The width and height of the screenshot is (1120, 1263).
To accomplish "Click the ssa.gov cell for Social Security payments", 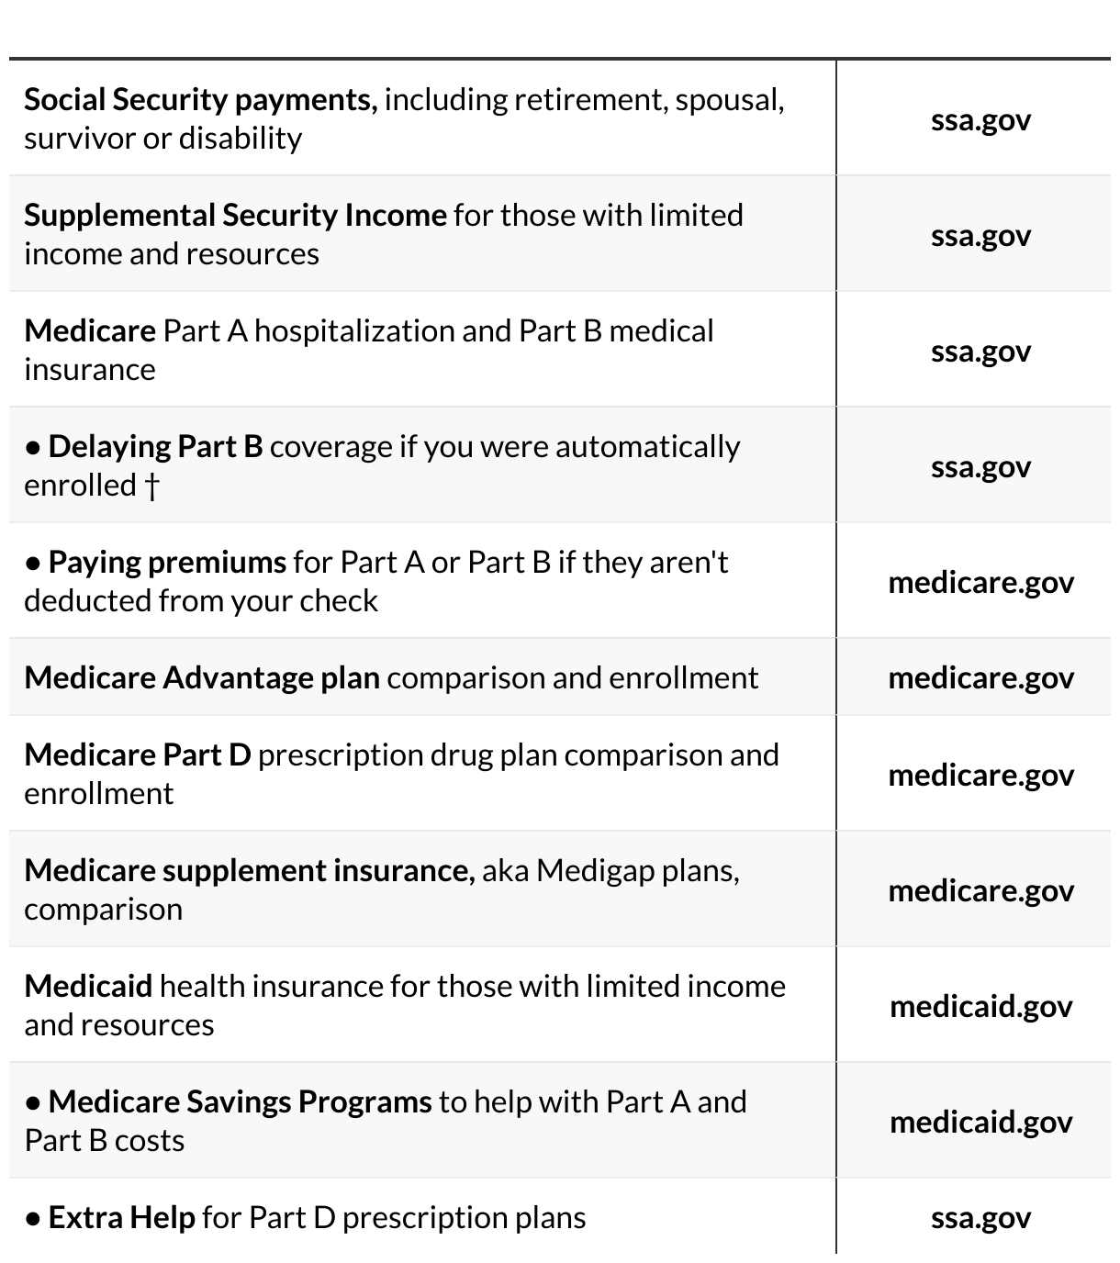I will (x=980, y=120).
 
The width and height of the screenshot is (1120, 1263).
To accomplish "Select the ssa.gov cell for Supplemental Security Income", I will (x=980, y=236).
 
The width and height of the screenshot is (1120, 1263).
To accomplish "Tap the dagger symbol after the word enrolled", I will (x=151, y=486).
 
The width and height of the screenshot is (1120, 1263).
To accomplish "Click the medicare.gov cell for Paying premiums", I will (x=980, y=583).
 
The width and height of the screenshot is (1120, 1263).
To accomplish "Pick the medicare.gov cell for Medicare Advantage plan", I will (x=980, y=678).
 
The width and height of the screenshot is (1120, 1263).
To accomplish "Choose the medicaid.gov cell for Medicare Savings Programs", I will (x=980, y=1123).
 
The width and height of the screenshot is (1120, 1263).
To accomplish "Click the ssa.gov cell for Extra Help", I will (x=980, y=1218).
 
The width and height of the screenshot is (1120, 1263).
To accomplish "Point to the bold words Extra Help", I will (x=121, y=1218).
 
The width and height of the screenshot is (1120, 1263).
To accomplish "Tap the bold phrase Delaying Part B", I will (x=155, y=447).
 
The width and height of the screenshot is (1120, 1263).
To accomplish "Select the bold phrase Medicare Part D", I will (x=138, y=755).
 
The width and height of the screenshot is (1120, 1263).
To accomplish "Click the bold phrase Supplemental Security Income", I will (x=235, y=216).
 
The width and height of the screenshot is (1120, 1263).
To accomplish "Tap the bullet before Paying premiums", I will (x=33, y=563).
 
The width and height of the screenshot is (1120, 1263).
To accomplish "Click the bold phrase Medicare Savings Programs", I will (x=240, y=1102).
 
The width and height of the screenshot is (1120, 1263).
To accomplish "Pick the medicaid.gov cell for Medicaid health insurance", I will (x=980, y=1007).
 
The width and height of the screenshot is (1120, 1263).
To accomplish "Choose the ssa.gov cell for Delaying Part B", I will (x=980, y=467).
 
